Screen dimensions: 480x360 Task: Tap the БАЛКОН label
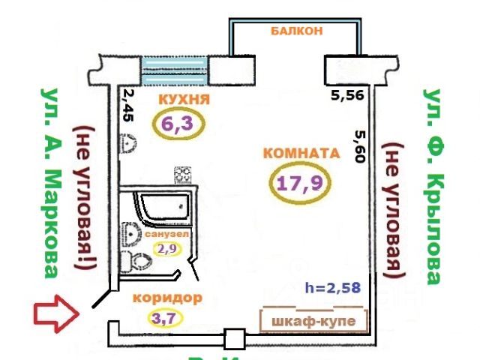pyautogui.click(x=298, y=31)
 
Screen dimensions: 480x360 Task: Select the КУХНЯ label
pyautogui.click(x=183, y=100)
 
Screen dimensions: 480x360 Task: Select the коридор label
pyautogui.click(x=166, y=298)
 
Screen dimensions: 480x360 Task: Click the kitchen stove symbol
pyautogui.click(x=182, y=175)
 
